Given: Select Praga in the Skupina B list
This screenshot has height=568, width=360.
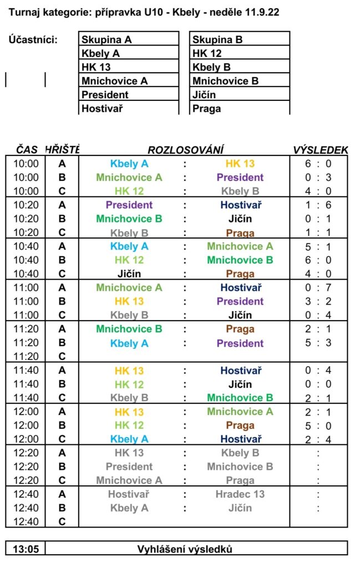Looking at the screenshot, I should click(206, 109).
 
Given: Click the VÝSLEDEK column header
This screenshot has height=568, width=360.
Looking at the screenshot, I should click(320, 150).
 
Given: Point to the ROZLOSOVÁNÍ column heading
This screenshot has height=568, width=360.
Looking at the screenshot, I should click(185, 150).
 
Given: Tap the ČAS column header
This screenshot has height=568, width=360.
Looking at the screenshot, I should click(27, 150).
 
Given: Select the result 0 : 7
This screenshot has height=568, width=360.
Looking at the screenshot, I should click(318, 288).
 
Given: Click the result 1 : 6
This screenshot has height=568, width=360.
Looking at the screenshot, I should click(318, 205).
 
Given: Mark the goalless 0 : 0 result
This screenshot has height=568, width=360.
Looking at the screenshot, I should click(318, 384).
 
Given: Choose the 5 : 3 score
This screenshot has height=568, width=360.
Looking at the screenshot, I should click(318, 343).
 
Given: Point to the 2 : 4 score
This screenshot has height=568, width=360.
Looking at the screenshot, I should click(318, 439).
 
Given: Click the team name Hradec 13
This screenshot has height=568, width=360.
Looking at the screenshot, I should click(240, 494).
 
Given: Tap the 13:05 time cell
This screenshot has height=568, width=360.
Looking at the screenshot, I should click(26, 550).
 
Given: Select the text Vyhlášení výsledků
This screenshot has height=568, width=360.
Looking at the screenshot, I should click(185, 550).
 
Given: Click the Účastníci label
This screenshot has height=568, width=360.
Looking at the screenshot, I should click(33, 39).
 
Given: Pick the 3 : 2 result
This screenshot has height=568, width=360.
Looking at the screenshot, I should click(318, 302).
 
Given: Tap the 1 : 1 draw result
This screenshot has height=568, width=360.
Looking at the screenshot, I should click(318, 233).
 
